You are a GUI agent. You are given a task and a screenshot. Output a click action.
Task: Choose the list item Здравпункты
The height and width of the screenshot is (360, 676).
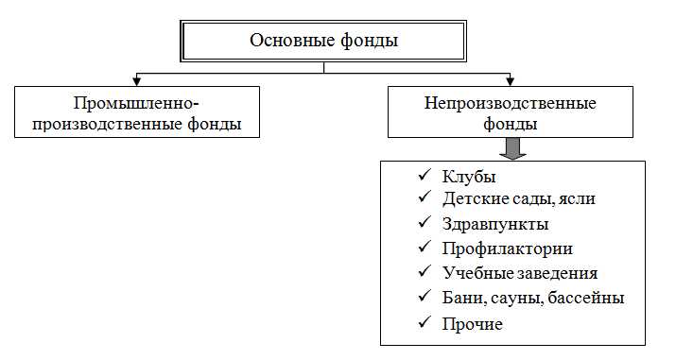494,225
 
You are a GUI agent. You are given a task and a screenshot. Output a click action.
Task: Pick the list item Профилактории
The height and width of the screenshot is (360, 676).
507,249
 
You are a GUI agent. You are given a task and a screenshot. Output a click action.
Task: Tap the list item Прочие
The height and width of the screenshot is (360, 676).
472,324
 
